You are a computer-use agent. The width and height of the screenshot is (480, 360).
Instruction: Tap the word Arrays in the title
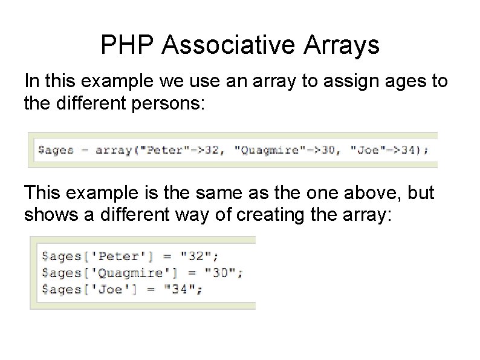(344, 46)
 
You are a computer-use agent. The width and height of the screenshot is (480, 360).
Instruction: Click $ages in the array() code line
(55, 151)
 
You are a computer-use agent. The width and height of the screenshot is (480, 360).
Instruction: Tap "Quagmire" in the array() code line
(262, 150)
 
